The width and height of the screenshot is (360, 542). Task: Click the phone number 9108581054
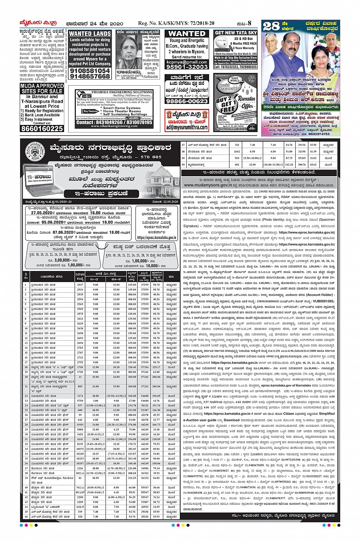point(90,70)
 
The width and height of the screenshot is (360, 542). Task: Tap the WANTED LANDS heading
point(90,34)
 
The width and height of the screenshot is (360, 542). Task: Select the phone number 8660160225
point(42,129)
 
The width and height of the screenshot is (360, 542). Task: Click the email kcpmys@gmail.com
point(187,62)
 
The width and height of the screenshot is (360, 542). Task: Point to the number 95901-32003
point(187,67)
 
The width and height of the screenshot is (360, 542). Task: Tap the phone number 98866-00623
point(187,101)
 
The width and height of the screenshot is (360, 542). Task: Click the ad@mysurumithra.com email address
point(187,129)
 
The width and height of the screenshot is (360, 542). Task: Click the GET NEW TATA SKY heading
point(236,33)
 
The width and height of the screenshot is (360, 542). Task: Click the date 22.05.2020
point(167,201)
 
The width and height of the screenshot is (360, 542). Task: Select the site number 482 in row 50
point(237,165)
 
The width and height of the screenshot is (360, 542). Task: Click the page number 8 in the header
point(249,23)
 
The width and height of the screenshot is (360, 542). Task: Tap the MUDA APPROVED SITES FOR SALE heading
point(42,89)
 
